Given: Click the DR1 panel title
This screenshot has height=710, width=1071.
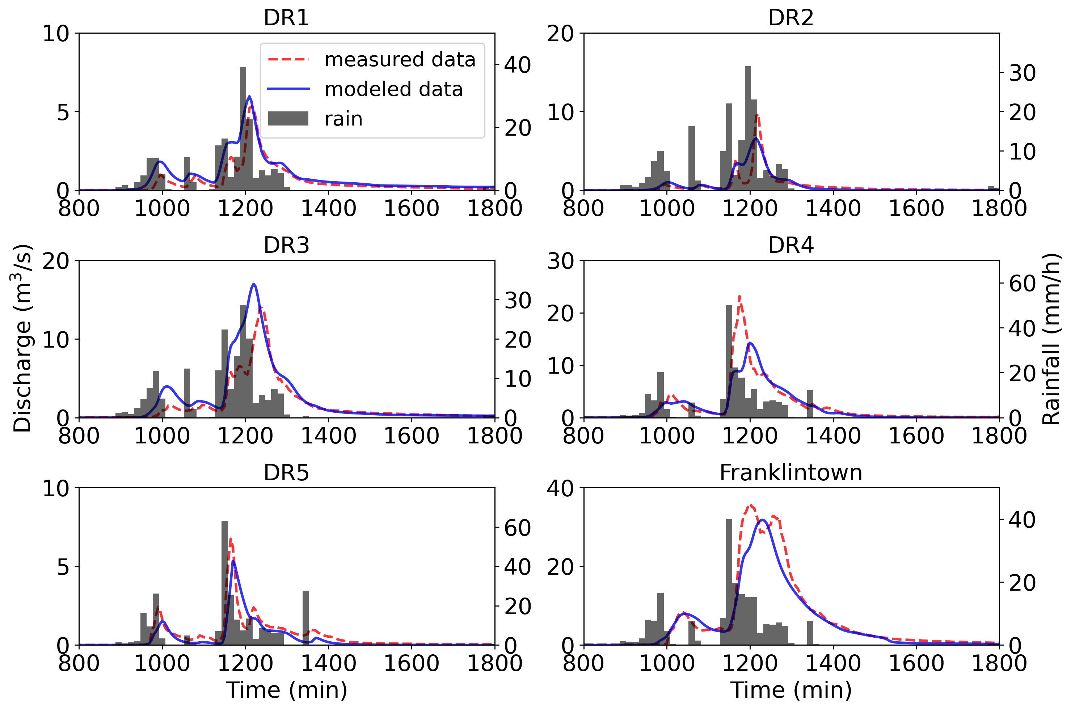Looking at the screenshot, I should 286,18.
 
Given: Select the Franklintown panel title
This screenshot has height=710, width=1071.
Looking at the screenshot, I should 790,473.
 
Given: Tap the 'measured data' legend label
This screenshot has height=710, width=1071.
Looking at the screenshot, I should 400,59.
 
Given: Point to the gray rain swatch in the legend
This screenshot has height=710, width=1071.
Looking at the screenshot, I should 288,119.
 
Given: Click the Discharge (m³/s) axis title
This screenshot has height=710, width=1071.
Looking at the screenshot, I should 22,338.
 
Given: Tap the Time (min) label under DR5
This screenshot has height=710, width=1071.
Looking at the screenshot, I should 286,690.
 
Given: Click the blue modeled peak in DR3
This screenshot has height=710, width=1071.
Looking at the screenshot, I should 254,284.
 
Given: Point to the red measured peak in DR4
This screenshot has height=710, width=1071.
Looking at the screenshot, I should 739,297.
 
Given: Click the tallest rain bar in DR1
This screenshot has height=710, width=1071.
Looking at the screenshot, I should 243,68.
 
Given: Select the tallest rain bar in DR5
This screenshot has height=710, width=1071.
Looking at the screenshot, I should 224,522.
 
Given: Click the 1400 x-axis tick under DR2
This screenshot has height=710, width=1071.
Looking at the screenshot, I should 833,208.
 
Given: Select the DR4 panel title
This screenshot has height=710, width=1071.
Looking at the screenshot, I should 790,246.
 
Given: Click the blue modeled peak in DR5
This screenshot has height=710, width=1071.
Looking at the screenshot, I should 233,561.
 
